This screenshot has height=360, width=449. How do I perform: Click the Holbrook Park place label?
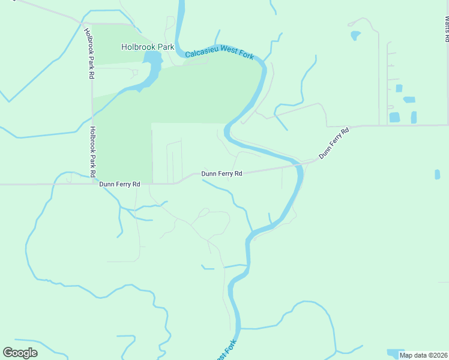click(x=148, y=46)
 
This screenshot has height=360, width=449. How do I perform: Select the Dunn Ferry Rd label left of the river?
click(x=221, y=173)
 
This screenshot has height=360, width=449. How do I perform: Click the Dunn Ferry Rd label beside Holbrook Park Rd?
click(x=119, y=184)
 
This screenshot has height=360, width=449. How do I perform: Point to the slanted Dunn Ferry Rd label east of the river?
click(x=334, y=143)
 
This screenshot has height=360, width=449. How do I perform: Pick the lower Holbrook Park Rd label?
click(x=92, y=151)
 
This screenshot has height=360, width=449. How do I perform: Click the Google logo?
click(x=20, y=352)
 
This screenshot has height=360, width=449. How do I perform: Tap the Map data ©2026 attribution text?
click(x=423, y=355)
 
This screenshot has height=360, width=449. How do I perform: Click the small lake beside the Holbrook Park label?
click(x=152, y=62)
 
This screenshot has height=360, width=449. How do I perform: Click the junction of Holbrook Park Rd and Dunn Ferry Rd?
click(x=92, y=184)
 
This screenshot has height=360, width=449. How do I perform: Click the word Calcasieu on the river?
click(x=203, y=53)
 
